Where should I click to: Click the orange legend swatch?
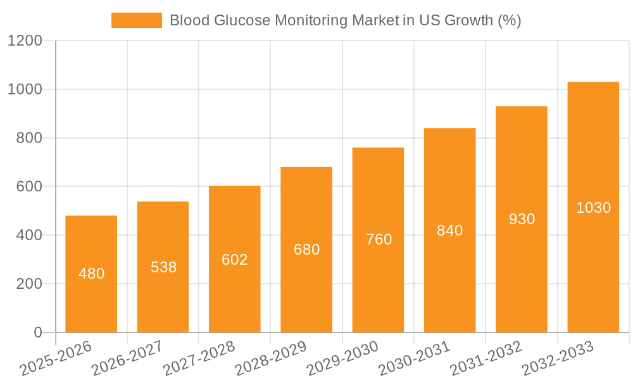pos(136,20)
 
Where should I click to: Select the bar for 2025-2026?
pos(91,274)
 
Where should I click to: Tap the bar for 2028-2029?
pos(306,250)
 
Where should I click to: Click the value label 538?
pos(163,267)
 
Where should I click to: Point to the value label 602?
pos(235,260)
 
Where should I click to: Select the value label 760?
pos(379,239)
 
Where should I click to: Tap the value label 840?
pos(450,231)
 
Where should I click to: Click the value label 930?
pos(522,219)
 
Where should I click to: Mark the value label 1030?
pos(593,208)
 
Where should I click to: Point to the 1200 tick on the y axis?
pos(25,41)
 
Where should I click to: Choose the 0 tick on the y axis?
pos(37,332)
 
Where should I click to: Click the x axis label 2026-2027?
pos(127,358)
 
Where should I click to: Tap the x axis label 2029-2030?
pos(342,358)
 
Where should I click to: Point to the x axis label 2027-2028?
pos(199,358)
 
